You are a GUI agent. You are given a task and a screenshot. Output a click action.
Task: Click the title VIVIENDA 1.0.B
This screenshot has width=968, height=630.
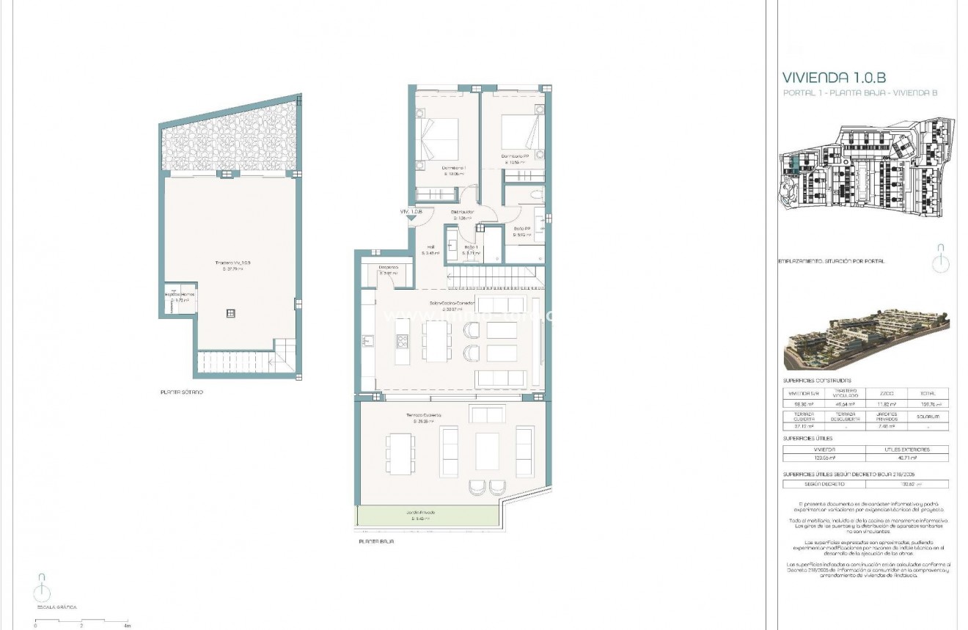(835, 77)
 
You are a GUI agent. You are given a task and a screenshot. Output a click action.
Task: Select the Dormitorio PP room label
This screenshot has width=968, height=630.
(516, 156)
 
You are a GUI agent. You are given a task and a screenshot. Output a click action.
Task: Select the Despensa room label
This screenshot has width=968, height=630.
(388, 268)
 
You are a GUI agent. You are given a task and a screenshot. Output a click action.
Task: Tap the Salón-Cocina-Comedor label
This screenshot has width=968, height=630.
(452, 302)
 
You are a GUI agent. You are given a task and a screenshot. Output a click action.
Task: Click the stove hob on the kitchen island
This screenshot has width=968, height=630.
(402, 340)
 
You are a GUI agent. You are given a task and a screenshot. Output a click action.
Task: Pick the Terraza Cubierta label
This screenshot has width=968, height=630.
(424, 416)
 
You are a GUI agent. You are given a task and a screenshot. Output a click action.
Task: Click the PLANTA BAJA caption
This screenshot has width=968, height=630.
(376, 541)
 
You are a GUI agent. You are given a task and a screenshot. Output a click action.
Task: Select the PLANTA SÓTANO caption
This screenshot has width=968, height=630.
(182, 392)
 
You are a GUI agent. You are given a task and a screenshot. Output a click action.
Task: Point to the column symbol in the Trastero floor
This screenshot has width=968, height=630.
(230, 313)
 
